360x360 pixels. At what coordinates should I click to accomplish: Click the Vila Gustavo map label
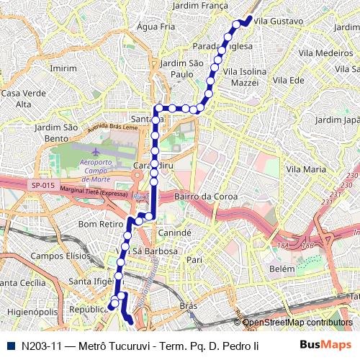tap(279, 22)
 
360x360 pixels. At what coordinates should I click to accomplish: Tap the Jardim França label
tap(199, 5)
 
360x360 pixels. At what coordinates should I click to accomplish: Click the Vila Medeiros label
tap(325, 53)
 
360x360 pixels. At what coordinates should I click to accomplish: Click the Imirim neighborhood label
tap(63, 68)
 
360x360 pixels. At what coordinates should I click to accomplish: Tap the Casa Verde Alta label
tap(18, 99)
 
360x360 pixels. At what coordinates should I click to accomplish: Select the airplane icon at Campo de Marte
tap(96, 151)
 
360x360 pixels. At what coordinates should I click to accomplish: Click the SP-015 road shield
tap(42, 185)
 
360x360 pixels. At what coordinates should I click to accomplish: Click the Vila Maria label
tap(306, 169)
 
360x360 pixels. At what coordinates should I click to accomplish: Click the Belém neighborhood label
tap(282, 269)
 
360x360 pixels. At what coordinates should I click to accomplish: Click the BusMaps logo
tap(325, 346)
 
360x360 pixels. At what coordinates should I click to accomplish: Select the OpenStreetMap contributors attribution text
tap(297, 323)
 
